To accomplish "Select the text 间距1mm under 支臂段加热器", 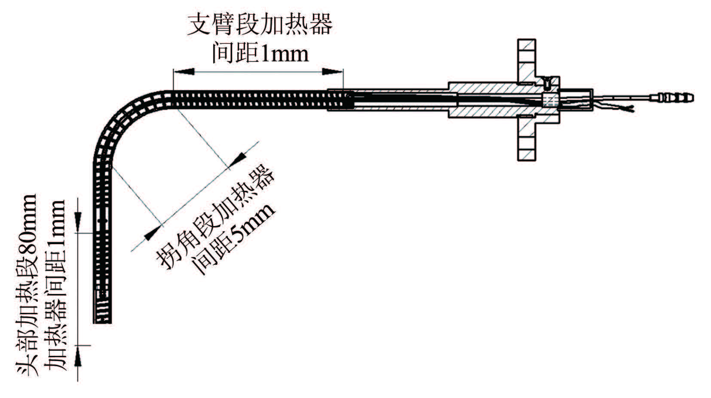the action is coord(260,53).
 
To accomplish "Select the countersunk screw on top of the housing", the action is coord(547,80).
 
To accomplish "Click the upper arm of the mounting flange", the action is coord(526,60).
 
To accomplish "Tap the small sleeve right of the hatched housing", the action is coord(576,100).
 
